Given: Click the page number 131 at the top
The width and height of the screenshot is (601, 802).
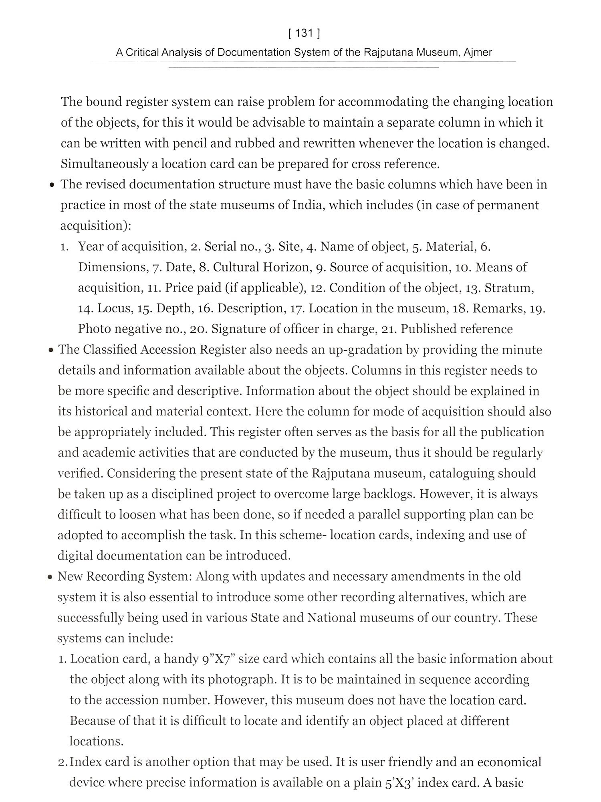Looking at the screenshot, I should point(304,33).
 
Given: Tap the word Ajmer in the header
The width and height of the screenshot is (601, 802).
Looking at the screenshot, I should point(478,53).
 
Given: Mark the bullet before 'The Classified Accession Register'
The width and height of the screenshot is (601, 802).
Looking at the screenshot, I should point(51,350).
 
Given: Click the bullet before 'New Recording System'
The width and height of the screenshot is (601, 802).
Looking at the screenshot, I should point(50,577).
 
